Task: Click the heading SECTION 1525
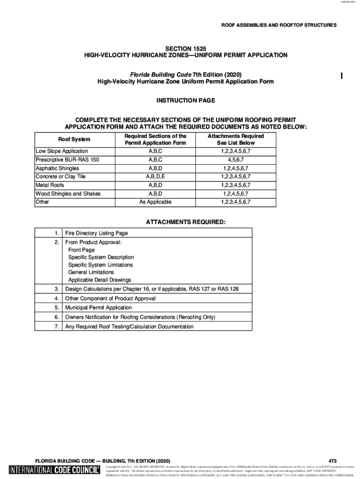(186, 48)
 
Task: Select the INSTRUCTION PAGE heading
(186, 101)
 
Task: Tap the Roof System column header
(74, 139)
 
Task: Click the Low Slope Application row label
(62, 151)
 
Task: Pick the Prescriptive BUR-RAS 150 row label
(67, 160)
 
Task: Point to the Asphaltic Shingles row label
(57, 168)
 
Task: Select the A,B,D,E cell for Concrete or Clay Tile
(155, 177)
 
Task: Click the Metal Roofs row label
(50, 185)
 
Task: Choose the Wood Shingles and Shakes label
(68, 194)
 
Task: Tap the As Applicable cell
(155, 202)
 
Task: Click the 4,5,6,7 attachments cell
(236, 160)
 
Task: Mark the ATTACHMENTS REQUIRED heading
(186, 221)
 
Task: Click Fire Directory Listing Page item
(96, 233)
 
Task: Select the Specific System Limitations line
(100, 265)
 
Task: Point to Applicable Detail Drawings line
(100, 280)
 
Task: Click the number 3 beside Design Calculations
(56, 289)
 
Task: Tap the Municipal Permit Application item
(98, 308)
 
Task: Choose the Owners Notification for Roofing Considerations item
(140, 317)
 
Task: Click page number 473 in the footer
(332, 461)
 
